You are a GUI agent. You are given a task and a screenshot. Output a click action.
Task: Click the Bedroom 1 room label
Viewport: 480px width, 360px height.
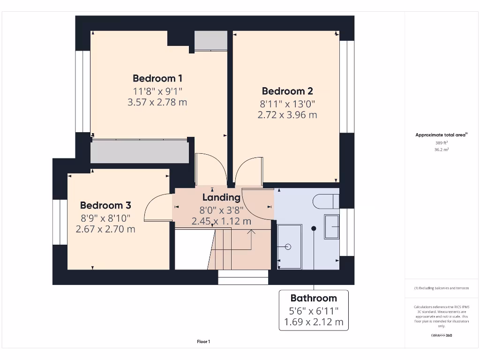tap(157, 78)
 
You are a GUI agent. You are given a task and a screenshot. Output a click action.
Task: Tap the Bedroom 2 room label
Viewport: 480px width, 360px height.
tap(287, 91)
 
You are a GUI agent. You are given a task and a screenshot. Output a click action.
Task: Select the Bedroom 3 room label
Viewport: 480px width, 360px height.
tap(105, 205)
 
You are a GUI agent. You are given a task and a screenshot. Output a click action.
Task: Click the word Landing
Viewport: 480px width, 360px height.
tap(221, 198)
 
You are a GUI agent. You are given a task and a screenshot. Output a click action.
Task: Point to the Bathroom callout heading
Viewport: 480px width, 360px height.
tap(314, 298)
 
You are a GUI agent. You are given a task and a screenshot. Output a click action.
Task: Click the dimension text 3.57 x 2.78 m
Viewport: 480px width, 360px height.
tap(157, 102)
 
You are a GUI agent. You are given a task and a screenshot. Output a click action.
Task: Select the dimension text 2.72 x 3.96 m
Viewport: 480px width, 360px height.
tap(287, 114)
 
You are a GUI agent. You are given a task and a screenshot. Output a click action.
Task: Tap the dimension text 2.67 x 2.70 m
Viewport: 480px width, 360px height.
tap(105, 229)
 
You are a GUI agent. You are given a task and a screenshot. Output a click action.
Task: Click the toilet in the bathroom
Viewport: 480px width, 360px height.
tap(327, 201)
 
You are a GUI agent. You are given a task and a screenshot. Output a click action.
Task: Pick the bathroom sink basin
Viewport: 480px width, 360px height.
tap(331, 227)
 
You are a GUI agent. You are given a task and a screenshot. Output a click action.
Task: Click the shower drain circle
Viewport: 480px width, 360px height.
tap(288, 247)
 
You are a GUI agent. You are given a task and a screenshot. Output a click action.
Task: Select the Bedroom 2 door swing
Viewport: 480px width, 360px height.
tap(248, 172)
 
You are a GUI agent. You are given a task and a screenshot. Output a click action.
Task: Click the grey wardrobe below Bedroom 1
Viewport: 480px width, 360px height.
tap(140, 151)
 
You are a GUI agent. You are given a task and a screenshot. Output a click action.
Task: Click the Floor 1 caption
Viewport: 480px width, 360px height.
tap(203, 342)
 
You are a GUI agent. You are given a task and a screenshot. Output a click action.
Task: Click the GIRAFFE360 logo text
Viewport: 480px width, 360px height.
tap(441, 335)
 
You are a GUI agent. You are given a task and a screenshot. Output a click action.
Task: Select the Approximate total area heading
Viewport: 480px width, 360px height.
tap(441, 135)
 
